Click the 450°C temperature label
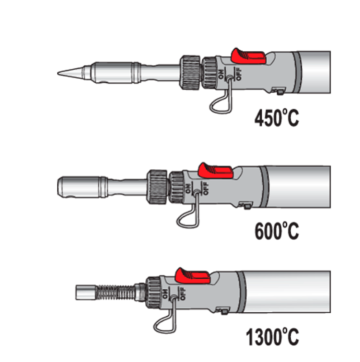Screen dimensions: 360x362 [x=276, y=118]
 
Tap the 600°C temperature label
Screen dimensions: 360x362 [x=276, y=231]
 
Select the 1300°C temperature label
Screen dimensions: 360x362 [x=272, y=337]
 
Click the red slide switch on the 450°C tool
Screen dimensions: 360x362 [x=248, y=56]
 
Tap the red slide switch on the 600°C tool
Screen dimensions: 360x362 [x=216, y=171]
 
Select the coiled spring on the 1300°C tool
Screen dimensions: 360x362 [x=115, y=293]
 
